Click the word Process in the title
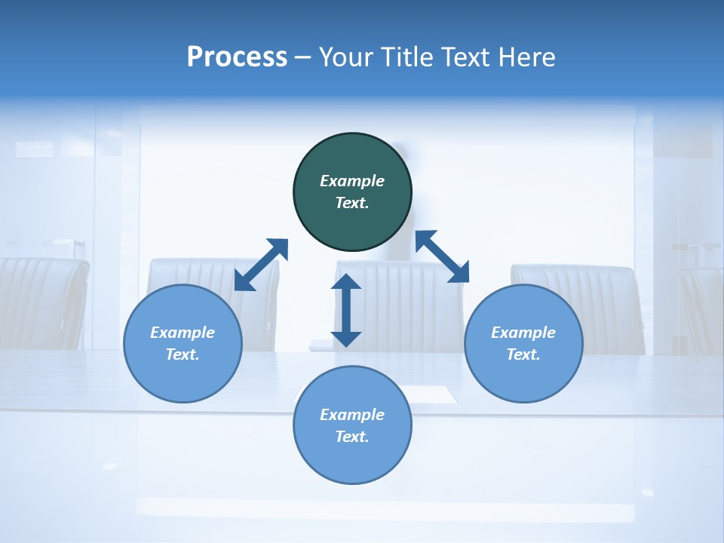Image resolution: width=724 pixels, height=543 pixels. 237,57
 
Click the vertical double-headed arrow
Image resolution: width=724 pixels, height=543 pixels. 346,310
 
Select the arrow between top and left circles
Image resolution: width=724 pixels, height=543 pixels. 261,265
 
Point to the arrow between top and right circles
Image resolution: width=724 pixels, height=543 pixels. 442,256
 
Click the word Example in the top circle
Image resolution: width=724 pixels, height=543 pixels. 352,181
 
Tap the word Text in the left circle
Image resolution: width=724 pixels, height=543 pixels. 183,354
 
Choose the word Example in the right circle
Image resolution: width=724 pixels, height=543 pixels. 523,333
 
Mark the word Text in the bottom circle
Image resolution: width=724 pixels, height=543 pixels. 352,437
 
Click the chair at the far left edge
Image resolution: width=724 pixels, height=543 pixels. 41,302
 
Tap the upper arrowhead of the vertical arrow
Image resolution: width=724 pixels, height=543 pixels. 346,282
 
